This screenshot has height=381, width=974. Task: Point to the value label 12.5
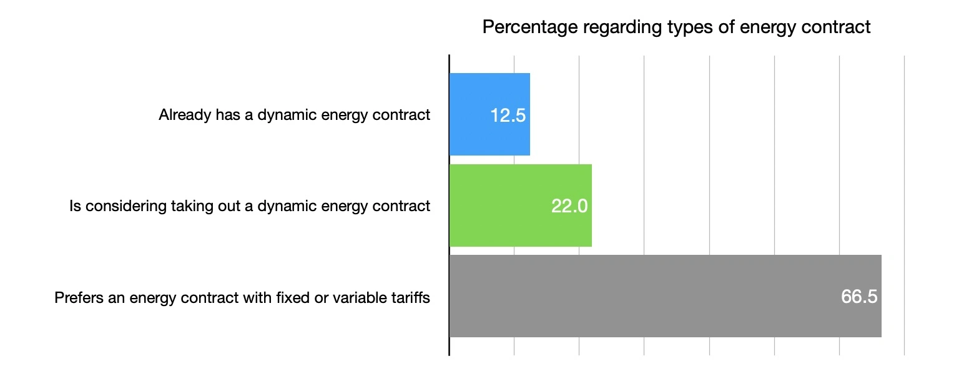pos(508,116)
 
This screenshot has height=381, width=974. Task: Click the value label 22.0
pos(569,206)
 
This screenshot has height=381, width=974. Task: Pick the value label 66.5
pos(859,297)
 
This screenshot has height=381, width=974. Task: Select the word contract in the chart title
pos(838,27)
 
